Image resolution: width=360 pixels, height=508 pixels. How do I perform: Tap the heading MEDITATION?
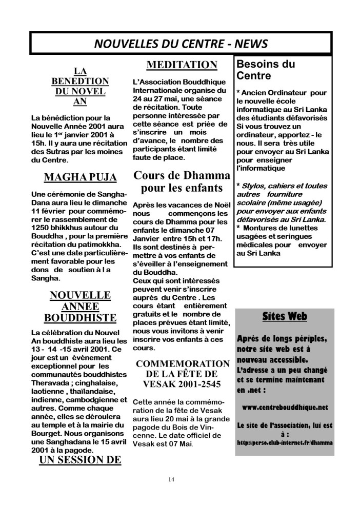pos(182,65)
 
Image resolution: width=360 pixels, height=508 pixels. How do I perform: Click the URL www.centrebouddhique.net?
pos(284,407)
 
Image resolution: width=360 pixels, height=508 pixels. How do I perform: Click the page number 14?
pos(171,479)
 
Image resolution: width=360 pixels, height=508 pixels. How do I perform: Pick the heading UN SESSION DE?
pos(79,459)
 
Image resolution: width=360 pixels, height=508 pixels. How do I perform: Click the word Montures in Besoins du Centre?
pos(261,228)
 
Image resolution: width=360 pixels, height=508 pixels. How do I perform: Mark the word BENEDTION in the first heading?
pos(81,81)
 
